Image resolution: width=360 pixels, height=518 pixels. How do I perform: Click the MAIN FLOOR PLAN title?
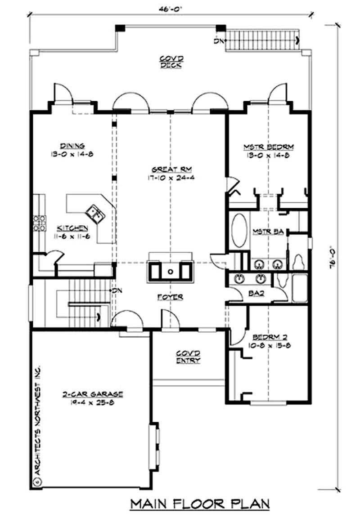[200, 504]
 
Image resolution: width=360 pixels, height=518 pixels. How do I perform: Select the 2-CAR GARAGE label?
[93, 394]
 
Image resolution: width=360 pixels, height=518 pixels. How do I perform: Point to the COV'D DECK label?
[170, 62]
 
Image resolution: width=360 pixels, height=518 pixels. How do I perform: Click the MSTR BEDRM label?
[269, 147]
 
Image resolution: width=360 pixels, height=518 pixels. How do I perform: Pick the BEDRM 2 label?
[268, 337]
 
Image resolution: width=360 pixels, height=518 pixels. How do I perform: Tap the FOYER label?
[170, 297]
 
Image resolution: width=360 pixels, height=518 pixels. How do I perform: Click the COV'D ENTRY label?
[189, 357]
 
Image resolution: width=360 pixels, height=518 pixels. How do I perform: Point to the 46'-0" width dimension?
[170, 8]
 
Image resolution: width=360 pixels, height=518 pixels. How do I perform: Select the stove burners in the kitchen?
[39, 223]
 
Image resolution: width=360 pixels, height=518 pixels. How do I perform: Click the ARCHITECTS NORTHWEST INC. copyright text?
[38, 423]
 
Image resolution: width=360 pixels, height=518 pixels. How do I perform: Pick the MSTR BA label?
[268, 232]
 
